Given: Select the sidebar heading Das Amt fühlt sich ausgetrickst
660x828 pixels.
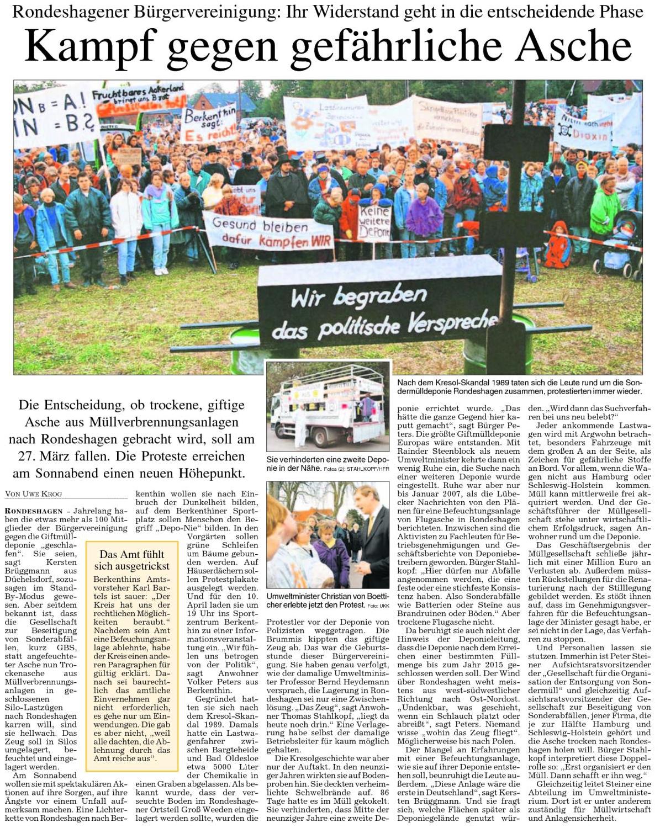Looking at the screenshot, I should click(131, 560).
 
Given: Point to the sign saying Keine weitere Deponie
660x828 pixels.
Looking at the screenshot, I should click(374, 222).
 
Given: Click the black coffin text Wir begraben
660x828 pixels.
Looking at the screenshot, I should click(359, 298).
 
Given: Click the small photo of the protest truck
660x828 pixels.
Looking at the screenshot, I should click(328, 406).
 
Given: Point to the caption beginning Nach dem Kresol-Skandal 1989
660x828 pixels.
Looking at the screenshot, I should click(519, 386).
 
